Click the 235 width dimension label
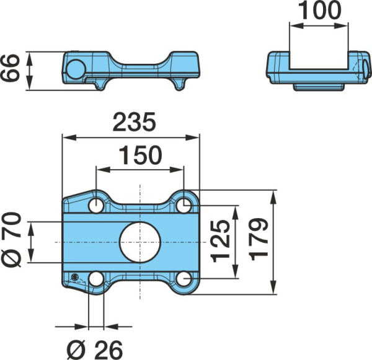pyautogui.click(x=135, y=122)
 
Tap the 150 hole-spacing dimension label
pyautogui.click(x=141, y=156)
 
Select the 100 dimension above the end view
pyautogui.click(x=319, y=11)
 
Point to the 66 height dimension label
pyautogui.click(x=10, y=68)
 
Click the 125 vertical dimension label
pyautogui.click(x=221, y=241)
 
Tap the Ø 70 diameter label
pyautogui.click(x=12, y=240)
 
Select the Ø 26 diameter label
pyautogui.click(x=95, y=350)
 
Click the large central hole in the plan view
pyautogui.click(x=140, y=242)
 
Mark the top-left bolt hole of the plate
pyautogui.click(x=96, y=205)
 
